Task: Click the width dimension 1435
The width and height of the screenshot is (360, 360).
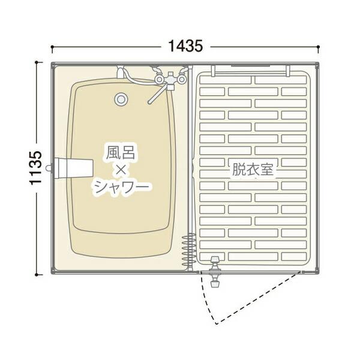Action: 185,45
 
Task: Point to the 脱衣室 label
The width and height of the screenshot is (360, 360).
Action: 253,169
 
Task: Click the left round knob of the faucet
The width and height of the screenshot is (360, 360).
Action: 159,77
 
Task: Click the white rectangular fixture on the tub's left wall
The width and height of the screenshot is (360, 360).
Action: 74,167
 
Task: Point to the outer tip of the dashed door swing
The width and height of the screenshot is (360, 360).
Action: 215,324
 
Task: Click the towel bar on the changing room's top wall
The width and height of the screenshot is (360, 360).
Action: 252,67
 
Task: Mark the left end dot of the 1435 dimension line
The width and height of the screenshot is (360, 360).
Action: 53,46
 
